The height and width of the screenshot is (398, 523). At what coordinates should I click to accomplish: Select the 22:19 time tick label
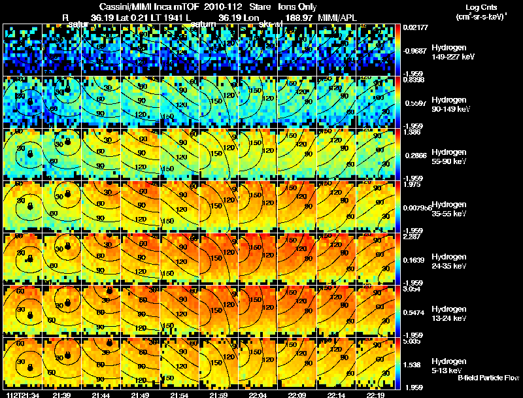pyautogui.click(x=376, y=394)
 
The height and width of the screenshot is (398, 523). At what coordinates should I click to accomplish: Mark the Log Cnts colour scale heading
pyautogui.click(x=481, y=6)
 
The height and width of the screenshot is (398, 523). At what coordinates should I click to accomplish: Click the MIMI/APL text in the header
pyautogui.click(x=339, y=17)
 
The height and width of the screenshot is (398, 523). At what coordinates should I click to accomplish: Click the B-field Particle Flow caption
pyautogui.click(x=488, y=378)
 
